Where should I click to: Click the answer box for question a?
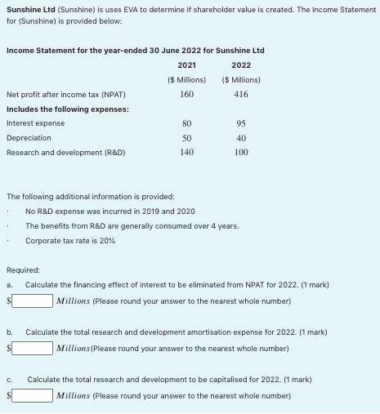pyautogui.click(x=33, y=300)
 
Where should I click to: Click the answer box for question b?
pyautogui.click(x=33, y=348)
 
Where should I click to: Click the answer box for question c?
pyautogui.click(x=33, y=396)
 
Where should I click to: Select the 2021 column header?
pyautogui.click(x=186, y=65)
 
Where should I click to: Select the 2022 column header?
pyautogui.click(x=241, y=65)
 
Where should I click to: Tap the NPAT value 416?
pyautogui.click(x=241, y=94)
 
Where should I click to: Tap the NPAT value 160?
pyautogui.click(x=186, y=94)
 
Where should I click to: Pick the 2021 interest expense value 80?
pyautogui.click(x=186, y=124)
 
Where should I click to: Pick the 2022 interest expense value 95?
pyautogui.click(x=241, y=124)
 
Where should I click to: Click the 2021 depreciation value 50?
pyautogui.click(x=186, y=138)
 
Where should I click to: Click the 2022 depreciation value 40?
pyautogui.click(x=241, y=138)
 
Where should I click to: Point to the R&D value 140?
pyautogui.click(x=186, y=152)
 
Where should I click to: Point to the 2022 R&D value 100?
pyautogui.click(x=241, y=152)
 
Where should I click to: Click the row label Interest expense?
pyautogui.click(x=35, y=123)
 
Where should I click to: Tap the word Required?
pyautogui.click(x=23, y=269)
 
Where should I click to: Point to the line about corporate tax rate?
pyautogui.click(x=70, y=241)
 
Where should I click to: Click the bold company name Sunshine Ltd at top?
pyautogui.click(x=29, y=8)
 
